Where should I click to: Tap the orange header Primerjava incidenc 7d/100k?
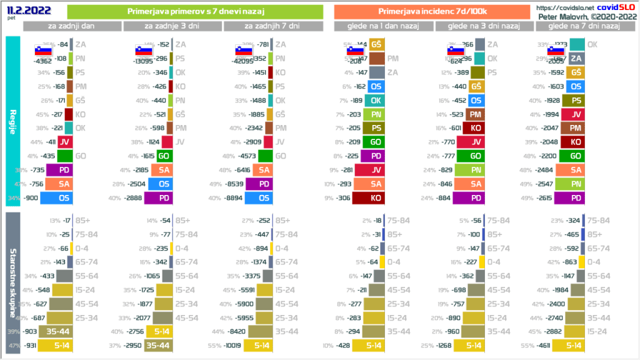pyautogui.click(x=432, y=11)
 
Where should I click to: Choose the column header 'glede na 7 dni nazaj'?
pyautogui.click(x=583, y=26)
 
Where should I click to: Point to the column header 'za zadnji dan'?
pyautogui.click(x=71, y=26)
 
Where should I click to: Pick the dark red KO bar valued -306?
pyautogui.click(x=369, y=198)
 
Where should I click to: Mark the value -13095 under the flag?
pyautogui.click(x=144, y=61)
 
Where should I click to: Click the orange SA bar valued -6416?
pyautogui.click(x=262, y=169)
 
